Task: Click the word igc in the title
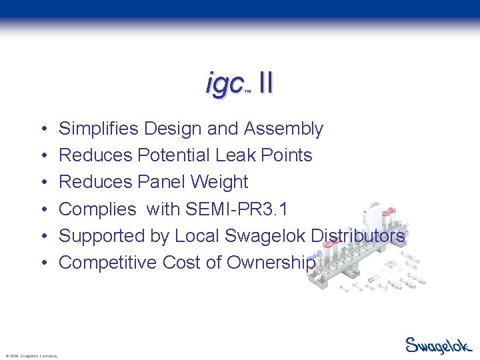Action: click(224, 84)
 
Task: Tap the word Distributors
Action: click(353, 235)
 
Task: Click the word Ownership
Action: click(271, 263)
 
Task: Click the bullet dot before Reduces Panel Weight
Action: click(43, 183)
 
